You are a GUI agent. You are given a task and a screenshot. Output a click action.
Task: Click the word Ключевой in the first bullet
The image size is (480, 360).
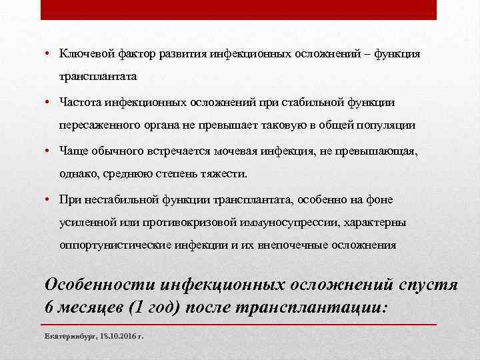81,54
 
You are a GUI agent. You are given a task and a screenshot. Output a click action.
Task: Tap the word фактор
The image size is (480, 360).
131,54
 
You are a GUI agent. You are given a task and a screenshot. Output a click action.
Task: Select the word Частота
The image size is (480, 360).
79,103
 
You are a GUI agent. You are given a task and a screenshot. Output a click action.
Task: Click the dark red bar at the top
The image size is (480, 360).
239,9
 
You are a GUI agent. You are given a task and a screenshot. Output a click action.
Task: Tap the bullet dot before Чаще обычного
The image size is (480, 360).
49,152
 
